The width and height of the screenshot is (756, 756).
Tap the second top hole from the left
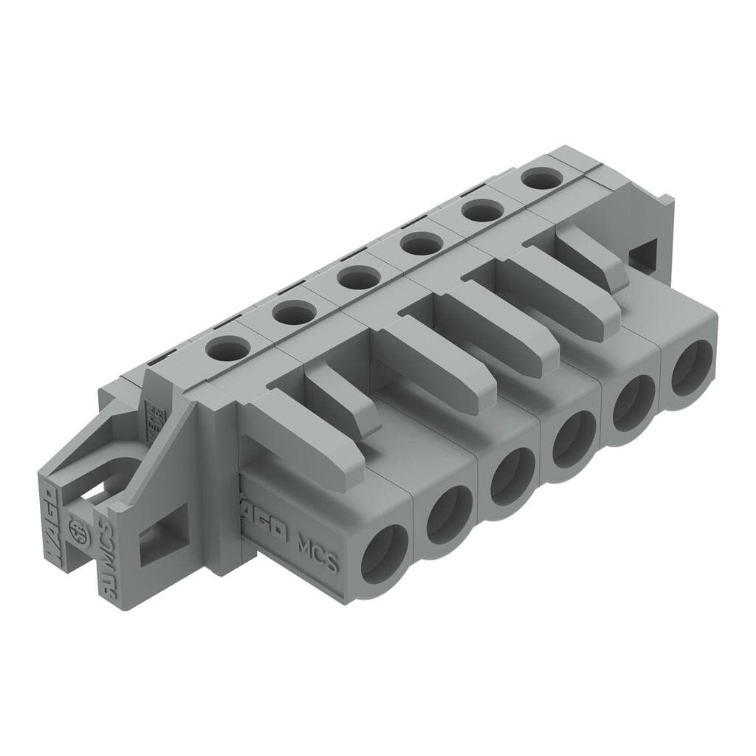[x=293, y=314]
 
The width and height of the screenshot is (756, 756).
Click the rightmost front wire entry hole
[x=692, y=368]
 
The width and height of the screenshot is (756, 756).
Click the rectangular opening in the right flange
[x=643, y=255]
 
